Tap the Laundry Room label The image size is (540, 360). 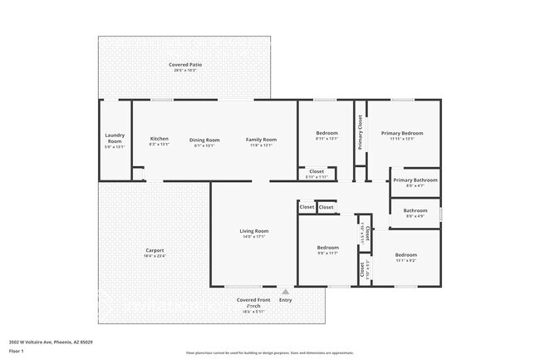point(115,138)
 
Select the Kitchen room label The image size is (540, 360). point(159,139)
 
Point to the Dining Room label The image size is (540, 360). point(204,139)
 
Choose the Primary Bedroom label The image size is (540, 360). point(402,133)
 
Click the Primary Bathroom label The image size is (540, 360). point(415,180)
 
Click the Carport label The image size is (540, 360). point(155,250)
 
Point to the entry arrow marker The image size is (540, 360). point(285,292)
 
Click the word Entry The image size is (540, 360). point(286,300)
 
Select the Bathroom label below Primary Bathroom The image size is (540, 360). point(415,210)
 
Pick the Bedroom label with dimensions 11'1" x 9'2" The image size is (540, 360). point(405,254)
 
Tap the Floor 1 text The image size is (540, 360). point(17,351)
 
